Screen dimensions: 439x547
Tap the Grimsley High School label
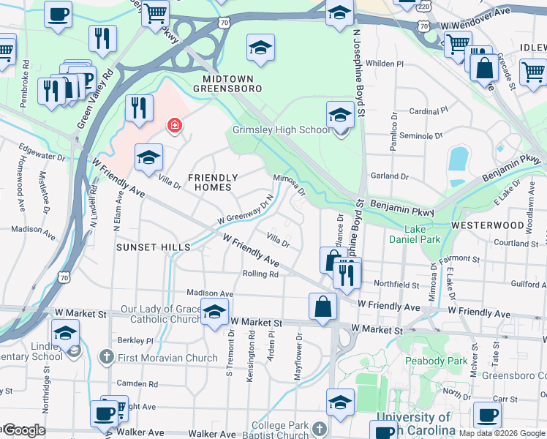(x=281, y=130)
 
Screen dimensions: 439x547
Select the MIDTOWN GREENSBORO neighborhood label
(x=227, y=83)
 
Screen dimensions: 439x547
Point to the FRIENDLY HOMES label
(x=213, y=182)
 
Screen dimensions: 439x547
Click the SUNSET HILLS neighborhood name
(x=153, y=247)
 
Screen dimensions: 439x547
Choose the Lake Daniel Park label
(x=423, y=234)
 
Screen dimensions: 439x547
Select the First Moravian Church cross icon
(x=106, y=358)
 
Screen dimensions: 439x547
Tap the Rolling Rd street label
(x=261, y=274)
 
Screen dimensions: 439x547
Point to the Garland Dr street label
(x=389, y=176)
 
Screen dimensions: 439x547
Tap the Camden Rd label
(x=138, y=383)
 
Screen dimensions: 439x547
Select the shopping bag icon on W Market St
(x=322, y=307)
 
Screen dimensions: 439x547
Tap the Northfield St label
(x=396, y=285)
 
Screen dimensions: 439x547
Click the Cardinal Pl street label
(x=429, y=111)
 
